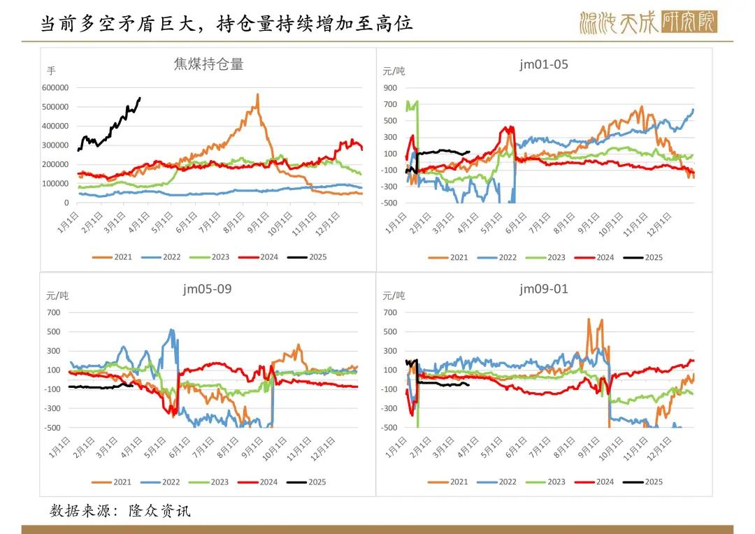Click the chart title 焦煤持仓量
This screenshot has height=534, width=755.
click(208, 64)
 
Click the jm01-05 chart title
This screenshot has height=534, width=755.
click(544, 64)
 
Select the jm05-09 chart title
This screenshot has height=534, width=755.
click(208, 289)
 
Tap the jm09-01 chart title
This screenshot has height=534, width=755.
click(544, 289)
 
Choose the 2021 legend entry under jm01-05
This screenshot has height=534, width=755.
click(451, 257)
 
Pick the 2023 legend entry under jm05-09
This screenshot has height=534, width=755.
click(212, 482)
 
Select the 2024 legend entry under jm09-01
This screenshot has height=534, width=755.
click(597, 482)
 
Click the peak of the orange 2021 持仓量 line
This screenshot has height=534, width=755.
click(257, 94)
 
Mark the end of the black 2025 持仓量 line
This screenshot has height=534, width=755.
click(141, 98)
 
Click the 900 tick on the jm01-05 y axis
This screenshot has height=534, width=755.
click(390, 87)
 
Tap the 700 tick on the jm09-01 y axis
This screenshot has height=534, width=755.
click(390, 312)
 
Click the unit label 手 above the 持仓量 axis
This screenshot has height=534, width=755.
click(51, 71)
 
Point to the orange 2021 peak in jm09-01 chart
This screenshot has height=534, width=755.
click(589, 319)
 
